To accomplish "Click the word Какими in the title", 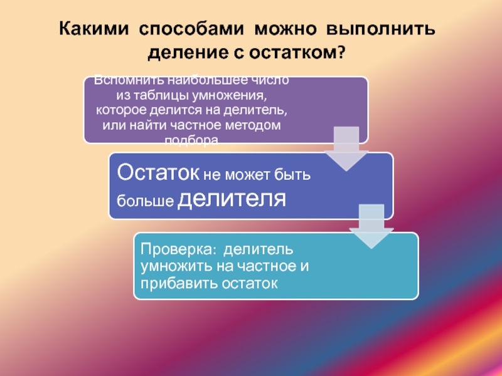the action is pyautogui.click(x=95, y=30).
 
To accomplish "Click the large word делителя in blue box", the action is pyautogui.click(x=233, y=199).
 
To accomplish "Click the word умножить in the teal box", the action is pyautogui.click(x=173, y=268).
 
